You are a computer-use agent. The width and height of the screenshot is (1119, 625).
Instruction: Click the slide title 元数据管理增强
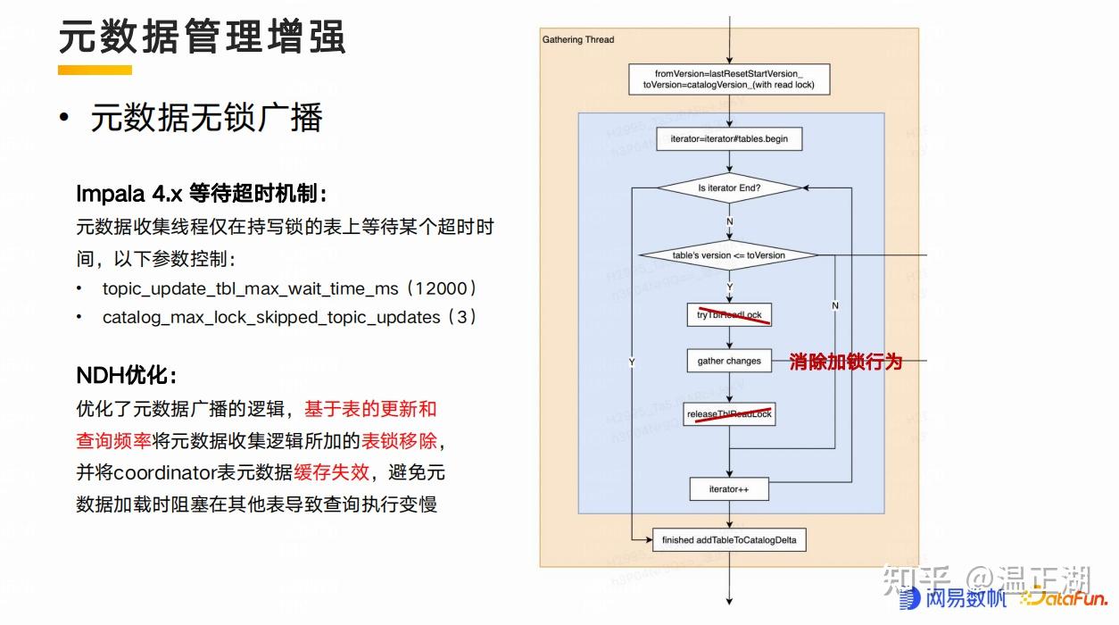[202, 37]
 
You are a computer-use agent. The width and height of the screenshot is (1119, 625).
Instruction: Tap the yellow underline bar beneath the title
[95, 70]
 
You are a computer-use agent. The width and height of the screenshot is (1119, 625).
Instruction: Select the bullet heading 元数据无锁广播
[206, 118]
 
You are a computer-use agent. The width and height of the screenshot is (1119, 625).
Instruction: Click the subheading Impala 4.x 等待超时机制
[202, 194]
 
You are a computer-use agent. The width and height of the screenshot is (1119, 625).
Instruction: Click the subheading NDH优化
[127, 375]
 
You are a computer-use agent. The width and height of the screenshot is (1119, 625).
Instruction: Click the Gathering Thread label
[578, 40]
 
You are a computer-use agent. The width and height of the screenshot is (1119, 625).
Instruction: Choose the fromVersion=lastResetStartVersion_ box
[729, 79]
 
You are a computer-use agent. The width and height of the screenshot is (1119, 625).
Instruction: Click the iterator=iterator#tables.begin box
[729, 139]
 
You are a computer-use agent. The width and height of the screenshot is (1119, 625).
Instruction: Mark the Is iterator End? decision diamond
[729, 188]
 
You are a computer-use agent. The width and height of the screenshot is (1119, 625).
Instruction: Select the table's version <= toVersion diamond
[729, 255]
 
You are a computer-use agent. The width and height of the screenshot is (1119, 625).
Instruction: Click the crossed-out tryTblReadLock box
[729, 314]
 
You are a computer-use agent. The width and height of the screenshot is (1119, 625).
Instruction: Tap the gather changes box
[729, 361]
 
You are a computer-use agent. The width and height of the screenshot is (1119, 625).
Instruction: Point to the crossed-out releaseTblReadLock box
[729, 414]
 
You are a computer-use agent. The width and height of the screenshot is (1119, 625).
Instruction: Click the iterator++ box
[729, 489]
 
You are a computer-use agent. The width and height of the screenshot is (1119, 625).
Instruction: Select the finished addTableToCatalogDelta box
[729, 540]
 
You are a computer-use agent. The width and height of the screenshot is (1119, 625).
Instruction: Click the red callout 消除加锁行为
[846, 362]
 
